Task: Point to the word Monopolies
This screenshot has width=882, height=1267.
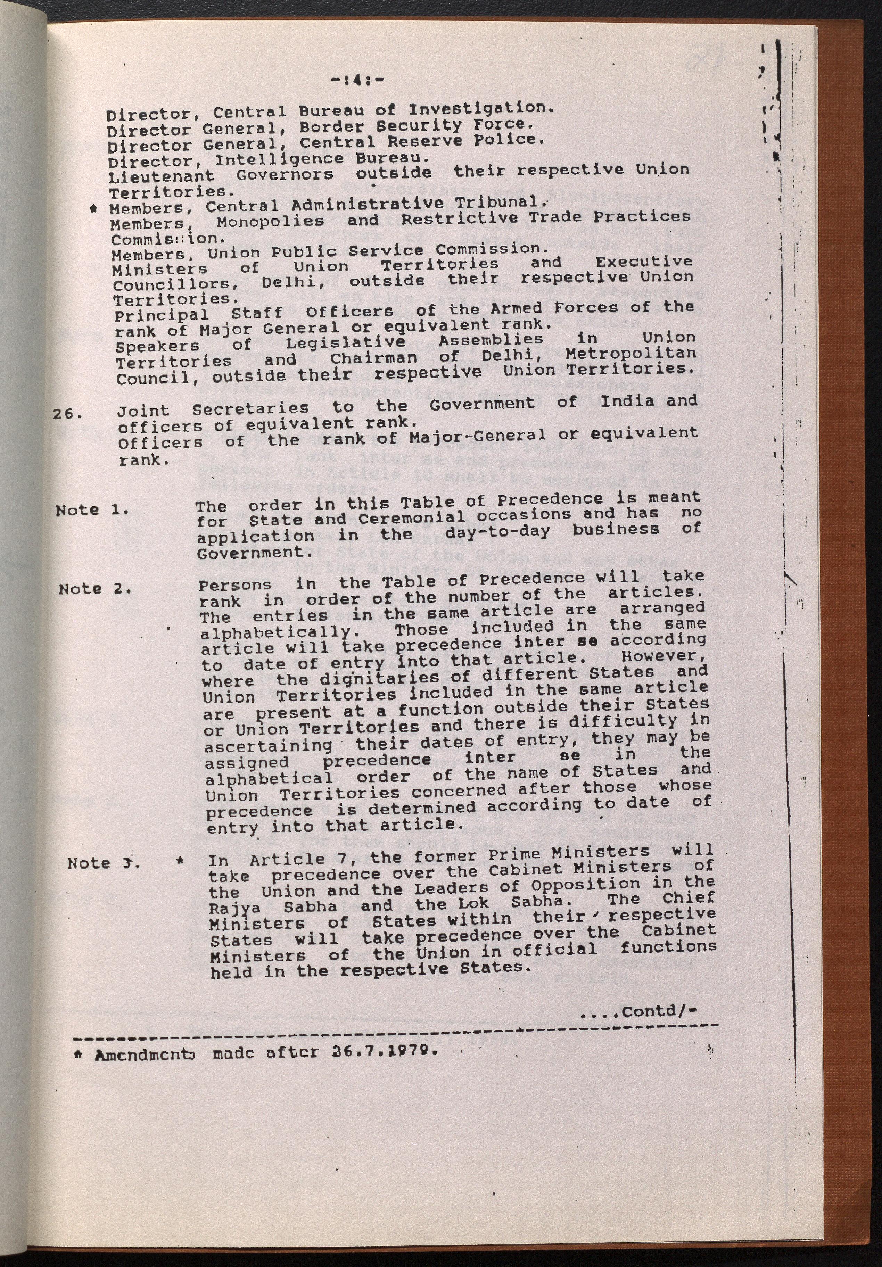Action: point(270,221)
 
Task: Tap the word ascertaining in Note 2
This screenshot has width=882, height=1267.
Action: point(268,746)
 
